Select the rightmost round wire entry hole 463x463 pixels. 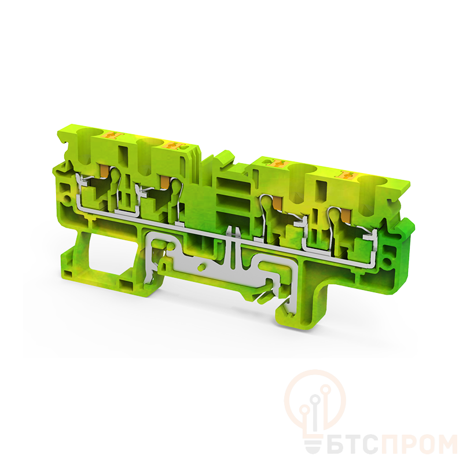click(x=373, y=181)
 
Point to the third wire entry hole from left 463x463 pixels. click(x=302, y=170)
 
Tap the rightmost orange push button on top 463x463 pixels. click(x=348, y=175)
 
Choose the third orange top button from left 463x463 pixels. click(x=278, y=163)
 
